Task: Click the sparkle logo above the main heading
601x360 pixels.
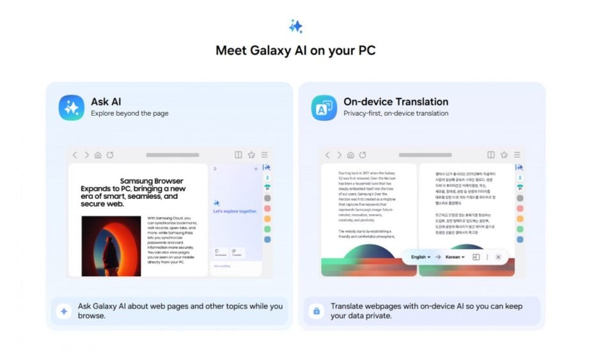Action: point(295,26)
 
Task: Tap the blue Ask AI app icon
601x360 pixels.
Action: point(72,107)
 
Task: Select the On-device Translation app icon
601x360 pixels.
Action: point(324,107)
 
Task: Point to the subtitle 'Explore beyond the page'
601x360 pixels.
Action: point(129,114)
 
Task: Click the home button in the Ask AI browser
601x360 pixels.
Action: point(98,155)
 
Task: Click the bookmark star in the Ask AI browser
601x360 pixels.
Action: point(251,155)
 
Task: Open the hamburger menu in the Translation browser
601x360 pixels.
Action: point(517,155)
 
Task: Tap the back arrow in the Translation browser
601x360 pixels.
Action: point(327,155)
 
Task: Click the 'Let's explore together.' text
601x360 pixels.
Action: point(235,211)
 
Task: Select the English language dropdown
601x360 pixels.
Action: point(421,257)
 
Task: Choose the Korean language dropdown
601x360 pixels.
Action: point(455,257)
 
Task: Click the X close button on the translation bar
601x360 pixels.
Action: point(498,257)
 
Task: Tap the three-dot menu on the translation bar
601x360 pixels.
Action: point(487,257)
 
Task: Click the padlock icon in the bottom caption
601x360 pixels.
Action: point(316,311)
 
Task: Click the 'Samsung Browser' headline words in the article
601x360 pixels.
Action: point(152,181)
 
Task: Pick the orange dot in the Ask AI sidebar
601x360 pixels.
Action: point(267,219)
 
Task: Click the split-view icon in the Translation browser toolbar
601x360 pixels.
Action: point(491,155)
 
